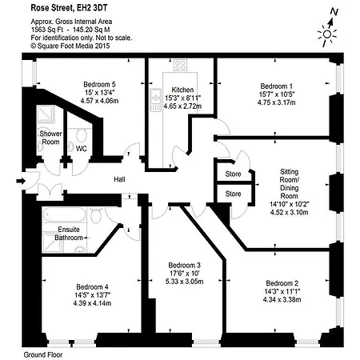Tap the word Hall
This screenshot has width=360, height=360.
(x=120, y=179)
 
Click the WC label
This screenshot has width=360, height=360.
(x=82, y=148)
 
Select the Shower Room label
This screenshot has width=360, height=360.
(x=50, y=138)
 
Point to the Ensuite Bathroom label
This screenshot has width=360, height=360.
(x=67, y=234)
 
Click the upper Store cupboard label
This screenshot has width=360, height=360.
(x=233, y=174)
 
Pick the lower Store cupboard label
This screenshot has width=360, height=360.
(x=233, y=194)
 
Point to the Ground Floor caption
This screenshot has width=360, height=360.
(x=43, y=354)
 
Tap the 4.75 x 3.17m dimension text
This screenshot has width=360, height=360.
(x=276, y=102)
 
